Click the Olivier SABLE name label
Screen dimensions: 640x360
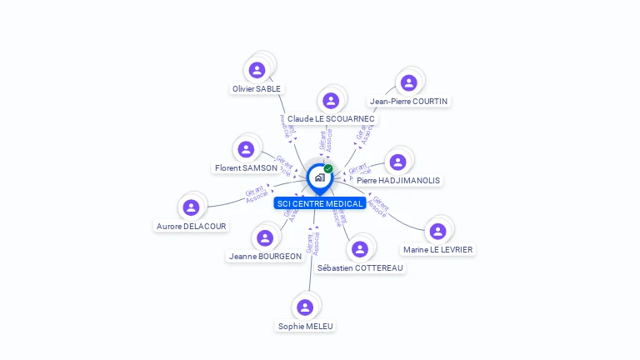257,88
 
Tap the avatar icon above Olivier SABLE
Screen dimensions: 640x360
257,70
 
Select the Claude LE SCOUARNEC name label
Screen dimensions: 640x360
332,119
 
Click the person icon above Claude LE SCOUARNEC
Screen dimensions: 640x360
331,101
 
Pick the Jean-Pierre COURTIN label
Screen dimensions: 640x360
408,102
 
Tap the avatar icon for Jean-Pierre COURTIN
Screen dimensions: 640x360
408,82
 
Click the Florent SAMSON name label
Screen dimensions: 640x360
246,168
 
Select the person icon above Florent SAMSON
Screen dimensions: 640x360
246,149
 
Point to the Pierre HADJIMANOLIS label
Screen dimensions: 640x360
397,180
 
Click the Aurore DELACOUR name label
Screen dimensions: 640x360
192,226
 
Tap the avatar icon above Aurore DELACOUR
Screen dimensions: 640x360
192,207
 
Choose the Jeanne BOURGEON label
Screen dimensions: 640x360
265,257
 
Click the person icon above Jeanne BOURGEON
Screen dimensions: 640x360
265,238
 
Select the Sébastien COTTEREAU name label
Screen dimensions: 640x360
360,267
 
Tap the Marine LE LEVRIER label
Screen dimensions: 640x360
438,249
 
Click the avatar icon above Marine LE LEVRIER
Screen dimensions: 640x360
438,231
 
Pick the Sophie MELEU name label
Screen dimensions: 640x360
306,326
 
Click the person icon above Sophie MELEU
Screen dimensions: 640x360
305,307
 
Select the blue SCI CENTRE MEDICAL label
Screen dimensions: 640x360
320,203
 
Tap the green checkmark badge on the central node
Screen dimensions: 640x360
328,169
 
